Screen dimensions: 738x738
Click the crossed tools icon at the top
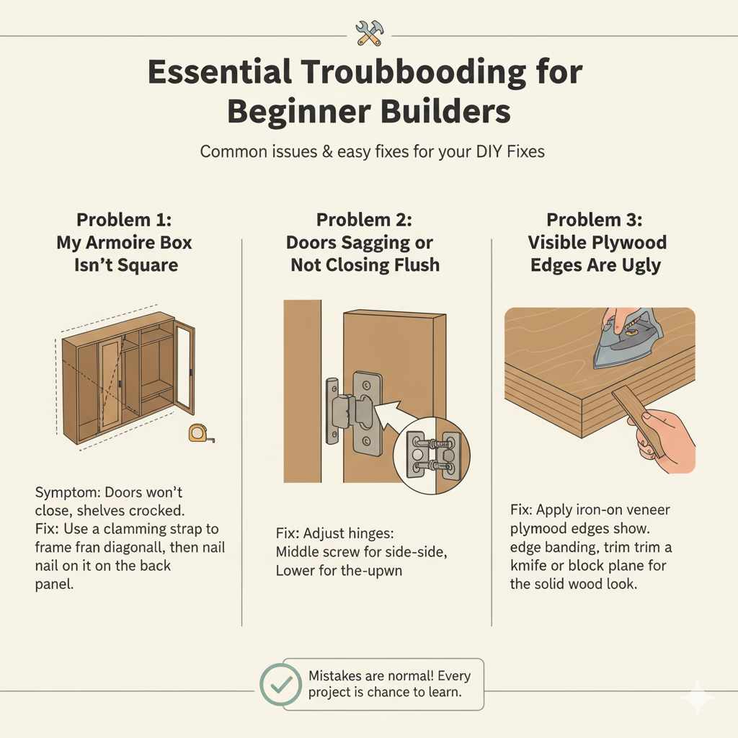coord(368,33)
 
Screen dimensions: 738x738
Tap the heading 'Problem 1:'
coord(124,220)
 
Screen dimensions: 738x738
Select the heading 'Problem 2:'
coord(364,220)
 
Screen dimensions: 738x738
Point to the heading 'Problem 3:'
coord(595,220)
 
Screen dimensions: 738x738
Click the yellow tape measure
coord(198,433)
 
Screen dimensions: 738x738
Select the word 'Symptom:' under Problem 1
coord(67,494)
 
